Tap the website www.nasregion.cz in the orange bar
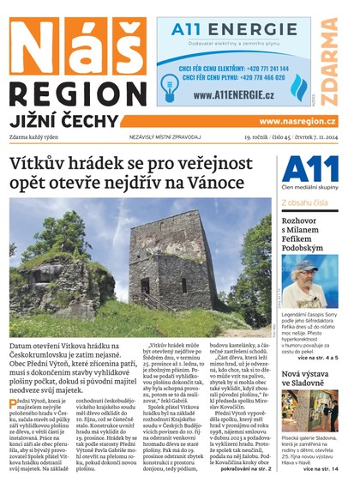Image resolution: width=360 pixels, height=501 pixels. coord(297,121)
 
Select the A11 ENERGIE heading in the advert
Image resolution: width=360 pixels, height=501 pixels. coord(227,30)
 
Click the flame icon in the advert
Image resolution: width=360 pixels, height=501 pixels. coord(298,86)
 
